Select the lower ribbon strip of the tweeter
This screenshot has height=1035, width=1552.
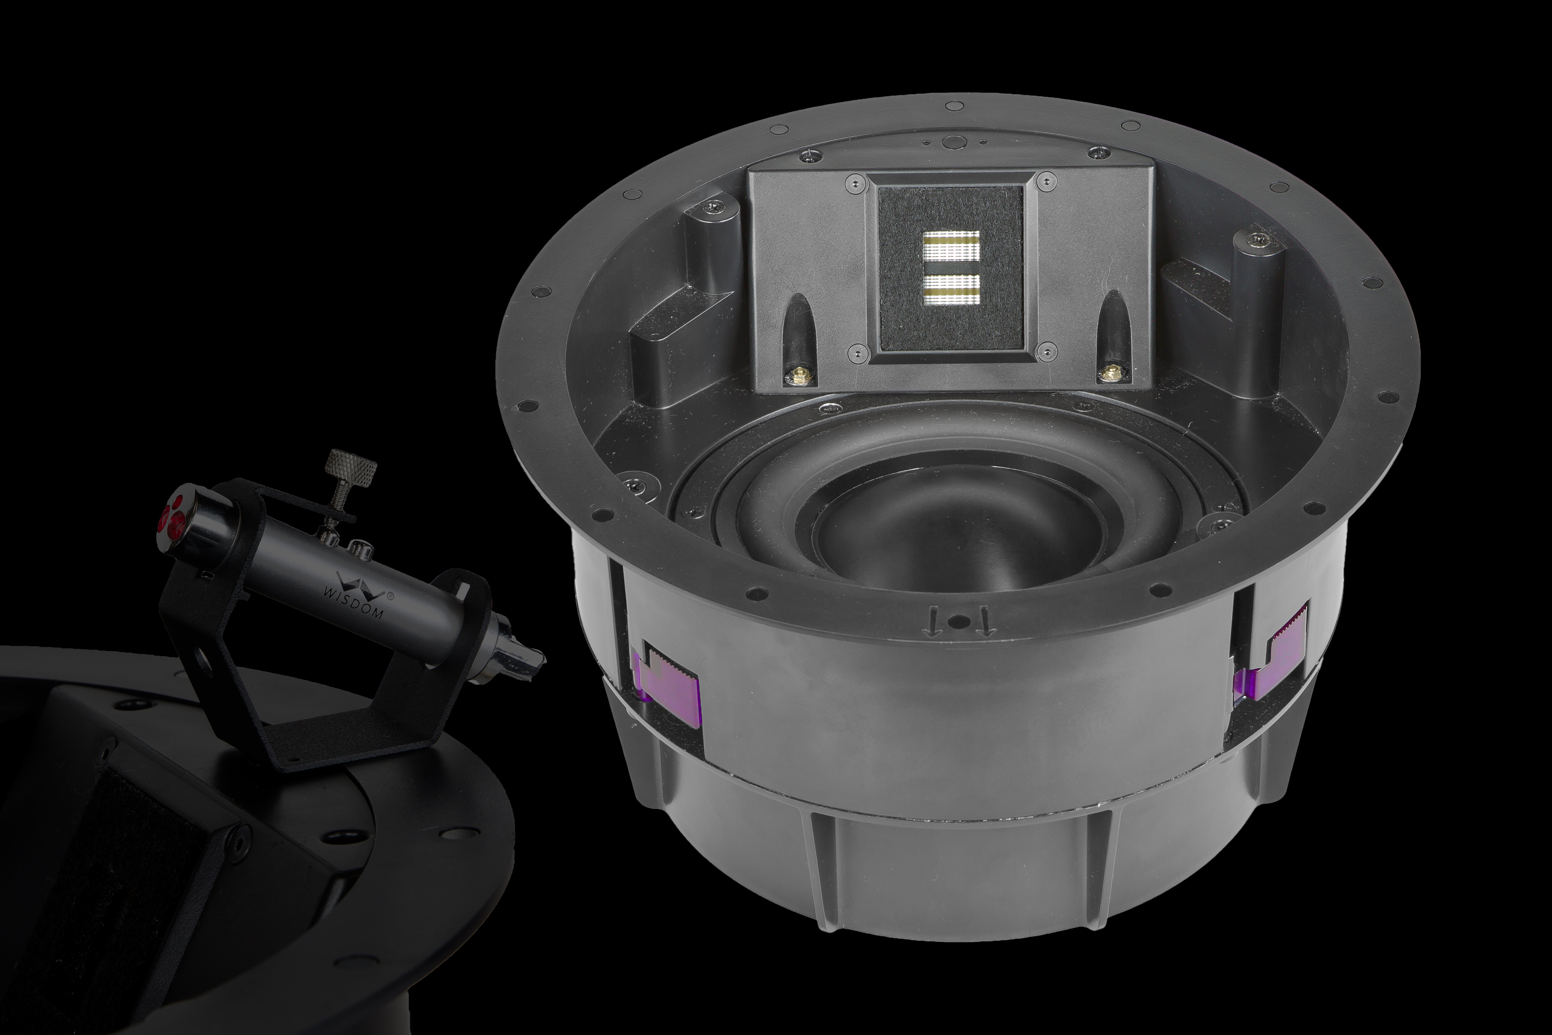click(x=951, y=287)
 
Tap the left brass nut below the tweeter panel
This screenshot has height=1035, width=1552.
click(x=800, y=377)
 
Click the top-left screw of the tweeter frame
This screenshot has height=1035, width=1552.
click(x=856, y=182)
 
